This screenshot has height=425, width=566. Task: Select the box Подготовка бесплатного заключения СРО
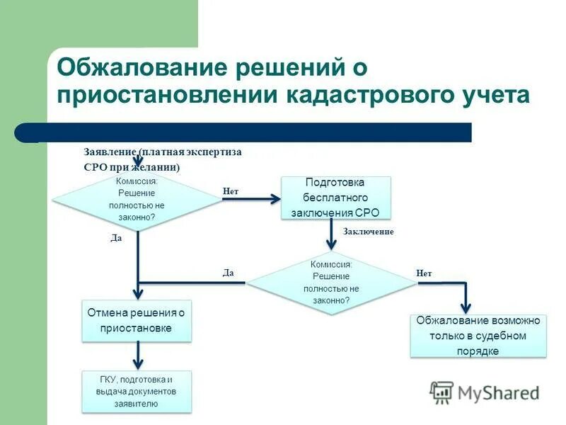[x=336, y=198]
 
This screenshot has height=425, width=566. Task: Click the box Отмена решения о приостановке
[x=137, y=320]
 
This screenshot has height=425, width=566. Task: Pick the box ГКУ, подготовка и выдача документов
[x=137, y=392]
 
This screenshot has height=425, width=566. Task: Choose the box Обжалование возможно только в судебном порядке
[x=478, y=336]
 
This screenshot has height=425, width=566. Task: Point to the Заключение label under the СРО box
[x=368, y=232]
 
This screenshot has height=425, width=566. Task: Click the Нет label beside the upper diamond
[x=231, y=191]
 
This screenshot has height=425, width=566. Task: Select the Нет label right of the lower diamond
[x=424, y=273]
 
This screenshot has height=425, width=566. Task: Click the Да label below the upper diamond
[x=116, y=238]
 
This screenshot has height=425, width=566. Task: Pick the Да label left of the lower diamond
[x=228, y=273]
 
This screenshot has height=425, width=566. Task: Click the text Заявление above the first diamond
[x=110, y=152]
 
